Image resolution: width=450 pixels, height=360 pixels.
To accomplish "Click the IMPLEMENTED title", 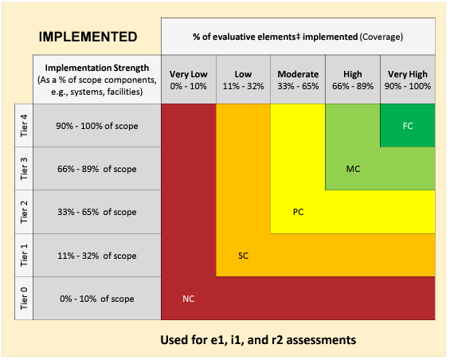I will [x=88, y=37].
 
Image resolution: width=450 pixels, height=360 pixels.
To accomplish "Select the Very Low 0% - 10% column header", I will [x=188, y=80].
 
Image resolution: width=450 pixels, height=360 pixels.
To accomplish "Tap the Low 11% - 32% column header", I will [x=243, y=80].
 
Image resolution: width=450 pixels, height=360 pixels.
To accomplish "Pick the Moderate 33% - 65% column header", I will [x=298, y=80].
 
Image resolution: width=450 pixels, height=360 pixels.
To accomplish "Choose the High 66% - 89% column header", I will [x=352, y=80].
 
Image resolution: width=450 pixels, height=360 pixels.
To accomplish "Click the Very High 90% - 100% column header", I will [x=408, y=80].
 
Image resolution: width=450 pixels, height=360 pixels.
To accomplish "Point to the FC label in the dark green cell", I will [x=408, y=126].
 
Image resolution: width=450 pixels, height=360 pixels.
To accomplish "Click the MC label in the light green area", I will [x=354, y=169].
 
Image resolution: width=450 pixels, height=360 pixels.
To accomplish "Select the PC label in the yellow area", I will [x=299, y=212].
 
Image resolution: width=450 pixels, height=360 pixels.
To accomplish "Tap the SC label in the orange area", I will [x=245, y=255].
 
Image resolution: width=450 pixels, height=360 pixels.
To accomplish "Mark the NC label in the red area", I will [x=188, y=299].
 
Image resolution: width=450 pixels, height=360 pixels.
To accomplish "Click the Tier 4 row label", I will [x=23, y=125].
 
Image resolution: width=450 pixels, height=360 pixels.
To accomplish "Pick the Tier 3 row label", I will [x=23, y=168].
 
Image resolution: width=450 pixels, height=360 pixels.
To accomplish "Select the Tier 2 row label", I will [x=23, y=212].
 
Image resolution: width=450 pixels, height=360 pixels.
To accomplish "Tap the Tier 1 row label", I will [x=23, y=255].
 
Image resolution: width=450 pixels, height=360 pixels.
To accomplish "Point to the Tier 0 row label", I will [x=23, y=298].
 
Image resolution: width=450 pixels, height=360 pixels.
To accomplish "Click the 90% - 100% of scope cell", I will [x=96, y=125].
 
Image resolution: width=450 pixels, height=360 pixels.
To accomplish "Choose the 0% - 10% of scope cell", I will [x=96, y=298].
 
